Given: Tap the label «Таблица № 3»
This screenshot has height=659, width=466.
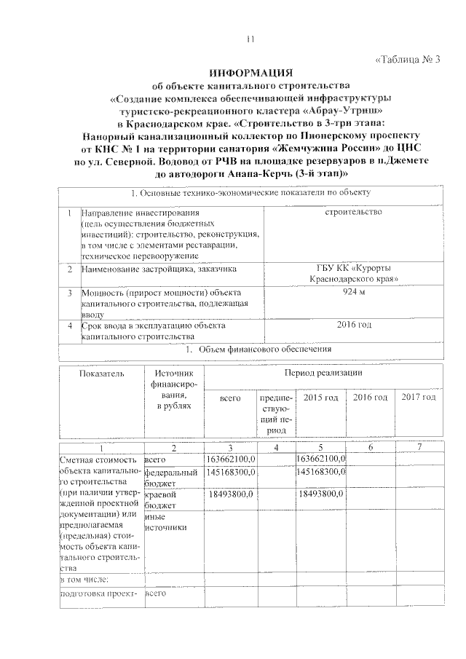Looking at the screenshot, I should [x=408, y=59].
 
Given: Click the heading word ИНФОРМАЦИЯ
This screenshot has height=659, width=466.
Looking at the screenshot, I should [x=250, y=74].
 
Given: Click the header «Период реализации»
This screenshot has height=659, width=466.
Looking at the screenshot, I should [x=321, y=373].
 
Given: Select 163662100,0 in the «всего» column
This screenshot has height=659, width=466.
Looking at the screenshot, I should [x=229, y=459].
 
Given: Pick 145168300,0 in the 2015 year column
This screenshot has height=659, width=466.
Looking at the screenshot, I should [x=322, y=473].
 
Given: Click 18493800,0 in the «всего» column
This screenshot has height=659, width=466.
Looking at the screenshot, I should [x=230, y=495].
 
